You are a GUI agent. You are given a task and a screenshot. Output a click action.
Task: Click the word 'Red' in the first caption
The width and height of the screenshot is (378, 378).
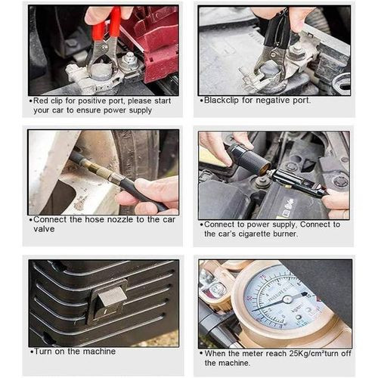click(x=41, y=101)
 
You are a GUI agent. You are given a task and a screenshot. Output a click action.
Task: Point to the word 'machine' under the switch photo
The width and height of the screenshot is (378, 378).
click(x=99, y=352)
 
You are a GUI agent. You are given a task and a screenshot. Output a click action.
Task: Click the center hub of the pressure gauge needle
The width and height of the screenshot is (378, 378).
click(x=287, y=299)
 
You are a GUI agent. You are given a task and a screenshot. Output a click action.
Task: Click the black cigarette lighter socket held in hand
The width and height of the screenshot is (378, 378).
click(x=247, y=159)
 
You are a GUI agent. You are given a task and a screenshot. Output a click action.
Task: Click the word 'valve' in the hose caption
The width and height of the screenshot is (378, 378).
click(x=44, y=229)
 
